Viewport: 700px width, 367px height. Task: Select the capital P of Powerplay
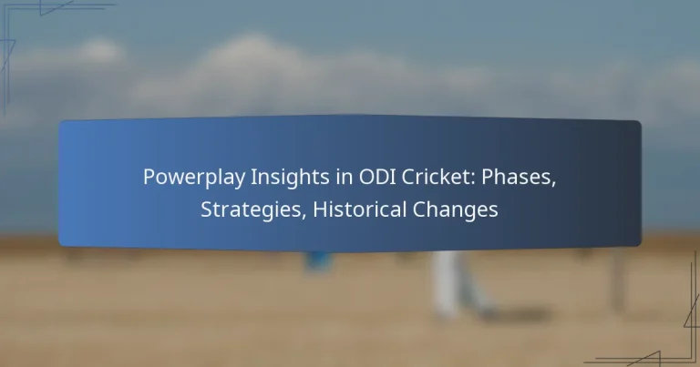click(149, 178)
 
